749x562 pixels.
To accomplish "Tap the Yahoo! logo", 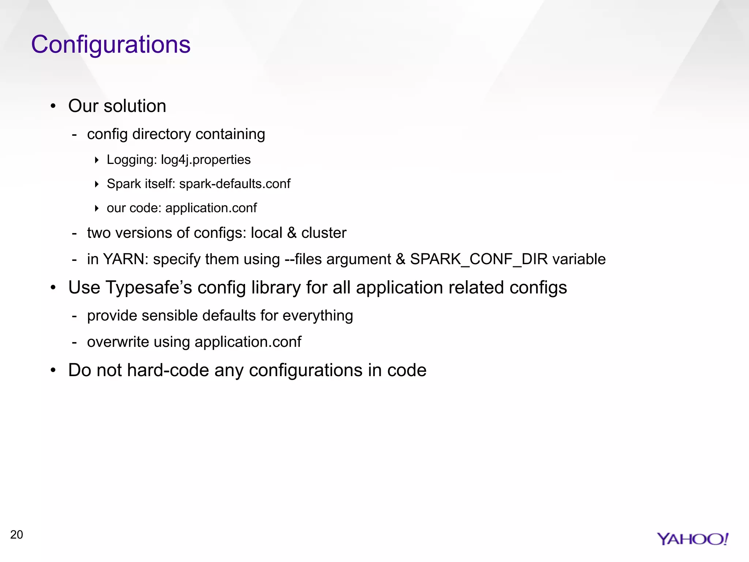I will click(692, 539).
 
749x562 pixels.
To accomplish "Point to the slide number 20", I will click(16, 535).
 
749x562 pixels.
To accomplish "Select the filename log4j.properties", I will click(206, 160).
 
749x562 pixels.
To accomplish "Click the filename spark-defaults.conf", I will click(235, 184).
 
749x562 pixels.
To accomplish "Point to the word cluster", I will click(324, 233).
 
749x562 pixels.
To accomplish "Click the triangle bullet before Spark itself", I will click(97, 184).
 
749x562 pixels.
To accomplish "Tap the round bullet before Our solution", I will click(53, 106).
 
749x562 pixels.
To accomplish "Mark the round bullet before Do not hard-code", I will click(53, 370).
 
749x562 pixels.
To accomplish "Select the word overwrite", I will click(118, 342).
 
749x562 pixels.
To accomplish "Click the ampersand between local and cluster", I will click(291, 233).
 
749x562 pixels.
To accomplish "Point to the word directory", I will click(161, 134).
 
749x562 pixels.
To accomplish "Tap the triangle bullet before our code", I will click(97, 208).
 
